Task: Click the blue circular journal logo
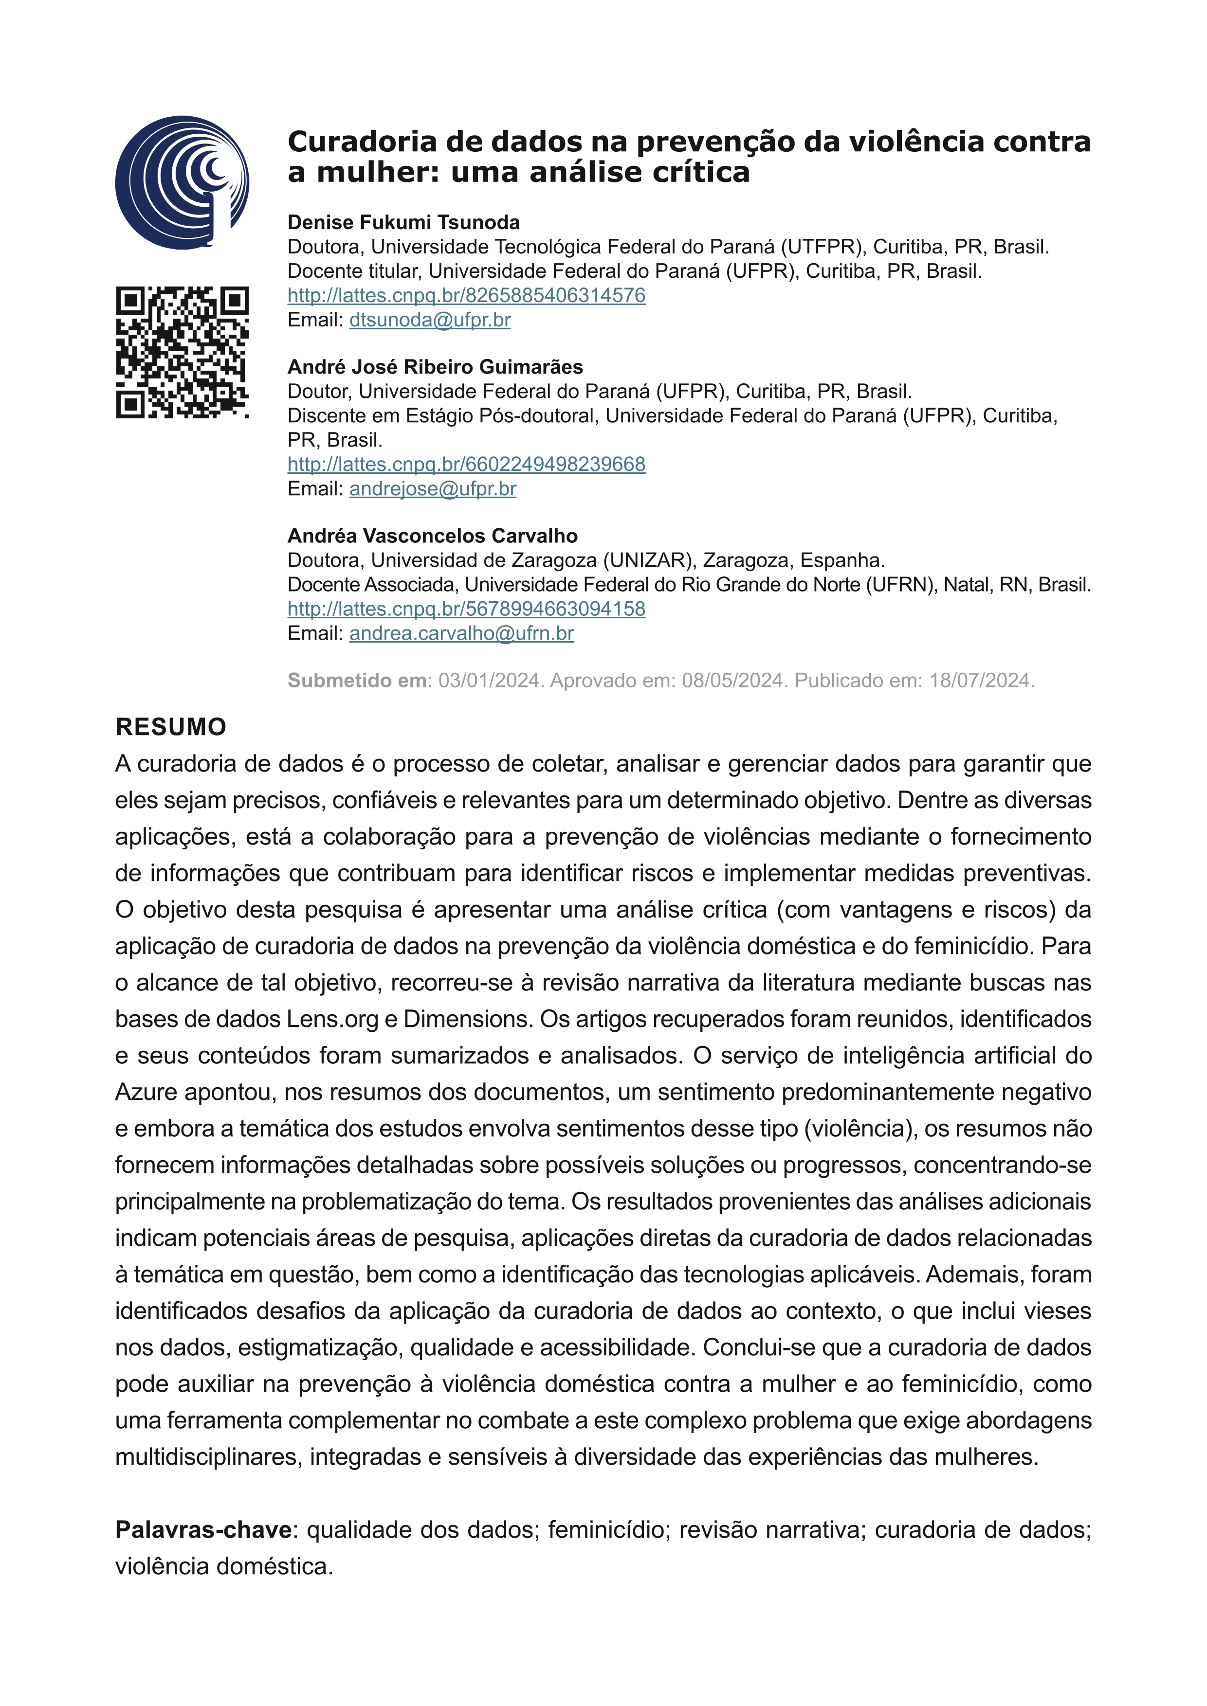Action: (182, 182)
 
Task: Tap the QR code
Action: (182, 352)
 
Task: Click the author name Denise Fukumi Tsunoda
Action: (403, 222)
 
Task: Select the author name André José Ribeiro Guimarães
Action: (435, 367)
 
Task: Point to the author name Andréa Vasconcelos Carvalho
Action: (433, 536)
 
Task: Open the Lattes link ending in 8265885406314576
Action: (466, 296)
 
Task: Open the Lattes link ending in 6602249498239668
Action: (466, 465)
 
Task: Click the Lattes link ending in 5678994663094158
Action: (466, 609)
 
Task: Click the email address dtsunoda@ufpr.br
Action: (430, 320)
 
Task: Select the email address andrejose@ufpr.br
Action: (433, 489)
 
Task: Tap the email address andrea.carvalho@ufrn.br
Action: (461, 634)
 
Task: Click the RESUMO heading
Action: (171, 727)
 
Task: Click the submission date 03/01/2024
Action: (488, 681)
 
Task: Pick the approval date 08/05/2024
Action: (733, 681)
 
